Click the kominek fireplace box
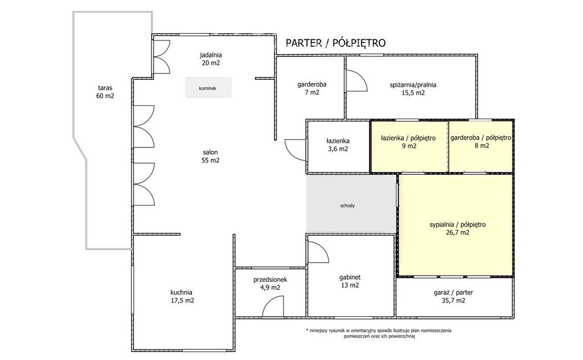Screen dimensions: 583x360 click(x=208, y=88)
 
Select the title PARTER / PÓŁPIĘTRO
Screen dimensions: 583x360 click(x=336, y=43)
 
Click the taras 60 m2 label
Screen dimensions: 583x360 click(x=105, y=92)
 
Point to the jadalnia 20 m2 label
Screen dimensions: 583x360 click(x=211, y=59)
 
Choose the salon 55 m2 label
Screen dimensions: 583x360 click(x=211, y=156)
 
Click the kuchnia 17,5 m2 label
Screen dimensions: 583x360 click(x=182, y=296)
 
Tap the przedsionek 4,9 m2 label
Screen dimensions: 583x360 click(x=270, y=284)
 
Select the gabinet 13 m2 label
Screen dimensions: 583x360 click(x=350, y=281)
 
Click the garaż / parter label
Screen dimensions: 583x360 click(x=453, y=292)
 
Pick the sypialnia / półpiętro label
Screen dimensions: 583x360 click(x=458, y=224)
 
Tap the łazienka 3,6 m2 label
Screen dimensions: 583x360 click(x=338, y=145)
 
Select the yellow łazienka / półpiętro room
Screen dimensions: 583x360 click(x=409, y=146)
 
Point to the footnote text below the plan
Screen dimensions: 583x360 click(x=379, y=333)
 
